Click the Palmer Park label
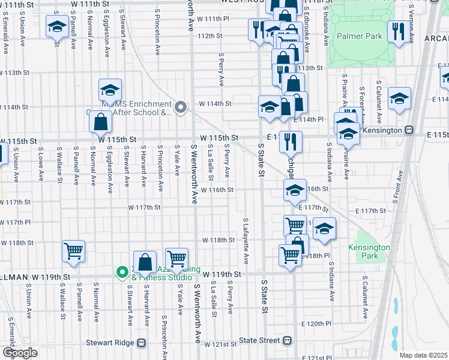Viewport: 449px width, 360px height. pos(359,36)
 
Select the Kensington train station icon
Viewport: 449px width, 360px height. pos(409,130)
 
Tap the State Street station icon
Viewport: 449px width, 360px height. pos(288,340)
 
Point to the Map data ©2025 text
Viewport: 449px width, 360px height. pos(423,355)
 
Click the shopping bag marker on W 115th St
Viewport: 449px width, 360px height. pos(101,122)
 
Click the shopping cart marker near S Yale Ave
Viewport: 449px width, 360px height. pos(176,259)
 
